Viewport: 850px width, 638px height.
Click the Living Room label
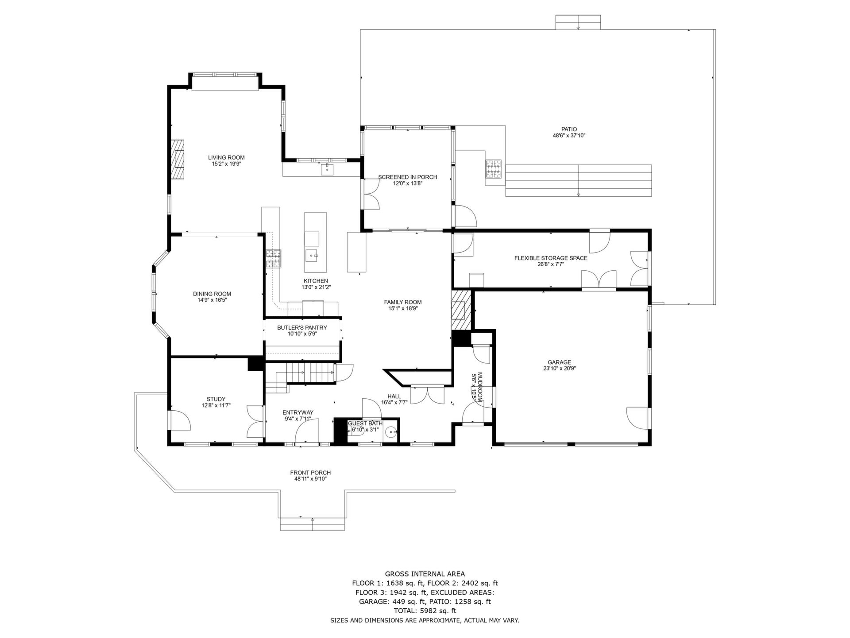[226, 157]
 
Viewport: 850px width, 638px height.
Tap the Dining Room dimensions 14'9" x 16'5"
[212, 300]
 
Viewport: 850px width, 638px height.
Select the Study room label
[216, 399]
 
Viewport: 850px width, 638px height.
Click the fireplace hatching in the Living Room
[178, 159]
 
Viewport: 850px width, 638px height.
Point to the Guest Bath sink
[390, 432]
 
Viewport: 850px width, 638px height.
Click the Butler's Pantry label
[302, 327]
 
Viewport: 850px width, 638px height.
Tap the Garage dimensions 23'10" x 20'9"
[560, 368]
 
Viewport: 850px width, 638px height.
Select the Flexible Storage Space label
[551, 258]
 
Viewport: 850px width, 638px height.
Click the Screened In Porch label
[407, 177]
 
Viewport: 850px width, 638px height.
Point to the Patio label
[569, 129]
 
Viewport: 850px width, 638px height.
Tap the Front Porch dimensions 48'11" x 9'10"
[310, 478]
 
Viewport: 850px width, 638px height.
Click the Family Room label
[402, 302]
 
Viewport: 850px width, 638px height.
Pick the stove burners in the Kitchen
[273, 259]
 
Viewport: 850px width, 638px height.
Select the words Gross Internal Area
[425, 574]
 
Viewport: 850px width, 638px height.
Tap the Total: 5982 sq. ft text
[425, 611]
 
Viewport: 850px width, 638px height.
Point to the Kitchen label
[316, 281]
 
